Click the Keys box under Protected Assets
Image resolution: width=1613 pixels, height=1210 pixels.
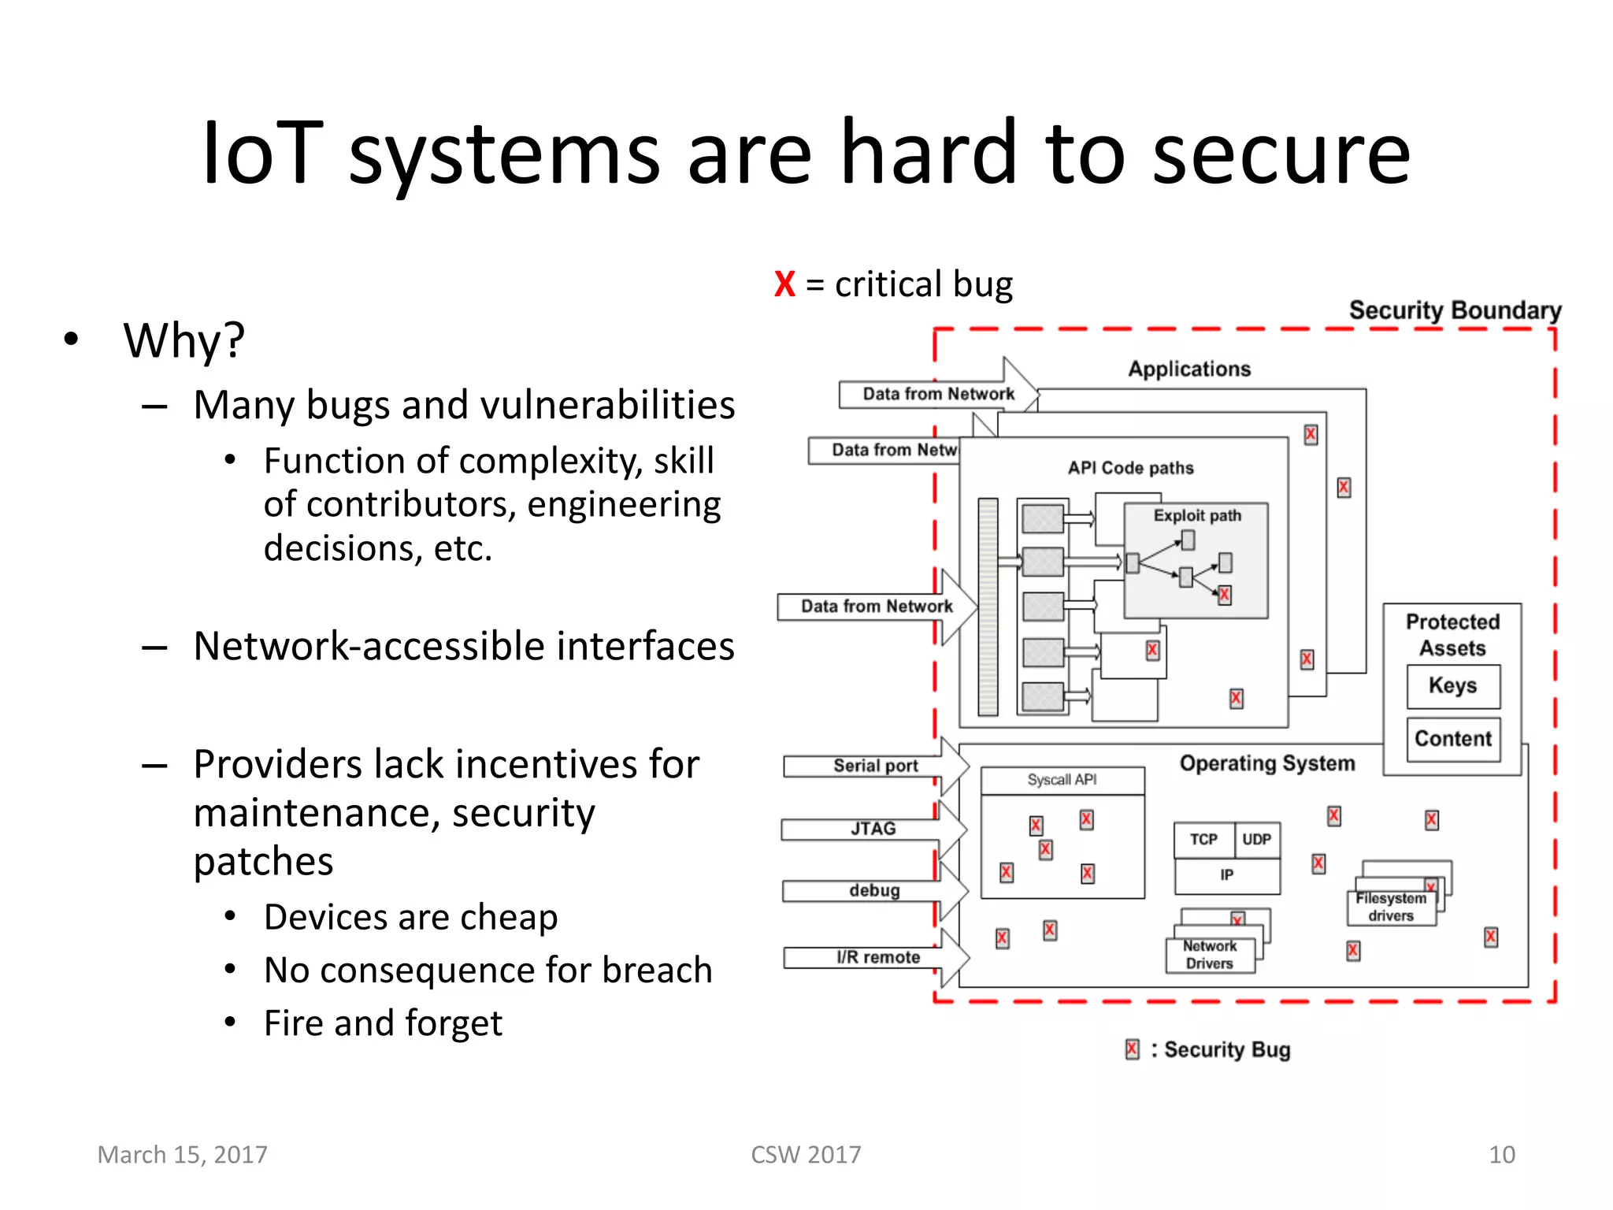click(1452, 686)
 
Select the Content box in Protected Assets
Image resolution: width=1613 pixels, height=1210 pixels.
click(1452, 739)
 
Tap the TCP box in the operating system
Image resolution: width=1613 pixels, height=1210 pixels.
click(1203, 840)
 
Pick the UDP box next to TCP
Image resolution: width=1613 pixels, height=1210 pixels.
click(1256, 840)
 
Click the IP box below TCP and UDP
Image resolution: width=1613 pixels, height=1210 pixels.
click(1226, 875)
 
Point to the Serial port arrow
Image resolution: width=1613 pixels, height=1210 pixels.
click(875, 766)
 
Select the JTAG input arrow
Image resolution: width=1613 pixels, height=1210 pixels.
click(873, 829)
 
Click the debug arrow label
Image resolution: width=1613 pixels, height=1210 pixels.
click(874, 891)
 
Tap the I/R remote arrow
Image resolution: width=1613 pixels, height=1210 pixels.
click(877, 957)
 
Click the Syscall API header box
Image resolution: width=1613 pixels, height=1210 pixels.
click(1062, 780)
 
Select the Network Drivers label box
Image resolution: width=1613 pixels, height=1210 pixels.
click(1209, 955)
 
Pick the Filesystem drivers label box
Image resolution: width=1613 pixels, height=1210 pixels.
click(1390, 907)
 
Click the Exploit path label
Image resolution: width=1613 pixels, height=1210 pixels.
click(1196, 516)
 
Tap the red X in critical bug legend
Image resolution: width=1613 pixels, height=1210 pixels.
click(784, 284)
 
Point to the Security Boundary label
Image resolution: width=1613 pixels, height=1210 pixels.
click(1455, 310)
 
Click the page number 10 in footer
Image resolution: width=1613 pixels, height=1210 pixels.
click(1501, 1155)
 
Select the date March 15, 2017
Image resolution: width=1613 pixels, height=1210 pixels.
click(182, 1155)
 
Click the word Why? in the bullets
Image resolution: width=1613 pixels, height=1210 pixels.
click(184, 341)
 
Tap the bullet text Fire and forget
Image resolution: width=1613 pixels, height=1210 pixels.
click(383, 1023)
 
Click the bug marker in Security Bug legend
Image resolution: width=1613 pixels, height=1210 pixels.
click(1132, 1049)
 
